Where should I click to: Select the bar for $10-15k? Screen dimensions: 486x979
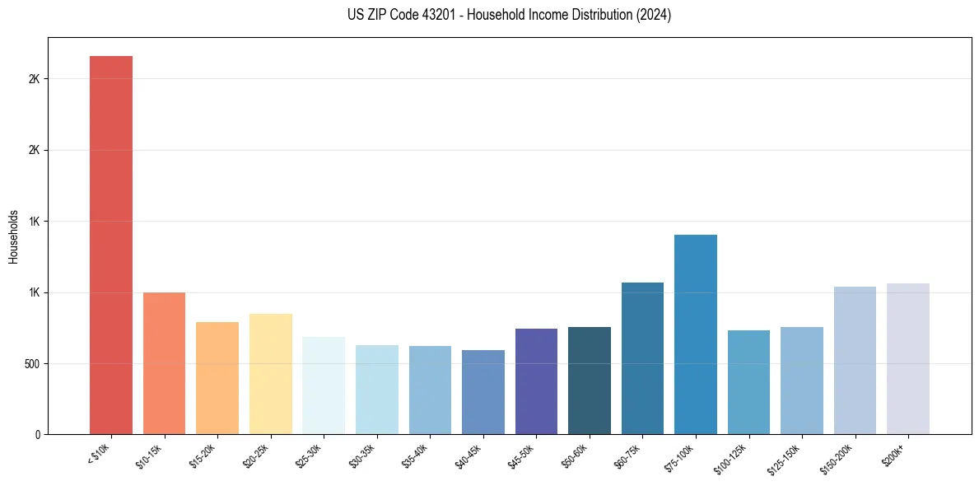point(164,363)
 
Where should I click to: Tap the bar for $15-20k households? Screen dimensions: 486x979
point(217,378)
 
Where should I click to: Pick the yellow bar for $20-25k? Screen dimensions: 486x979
point(271,374)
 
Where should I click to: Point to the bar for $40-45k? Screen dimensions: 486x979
point(483,392)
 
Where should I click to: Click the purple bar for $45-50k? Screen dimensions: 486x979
point(536,381)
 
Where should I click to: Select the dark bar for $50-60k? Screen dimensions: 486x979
point(590,381)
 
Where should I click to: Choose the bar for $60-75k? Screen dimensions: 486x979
point(642,358)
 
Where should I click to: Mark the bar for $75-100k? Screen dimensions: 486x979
point(696,334)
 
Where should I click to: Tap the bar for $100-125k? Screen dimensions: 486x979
point(748,382)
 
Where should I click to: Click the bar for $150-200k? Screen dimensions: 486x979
point(855,360)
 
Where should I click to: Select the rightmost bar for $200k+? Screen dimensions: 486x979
point(908,358)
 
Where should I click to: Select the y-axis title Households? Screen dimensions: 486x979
point(14,236)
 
